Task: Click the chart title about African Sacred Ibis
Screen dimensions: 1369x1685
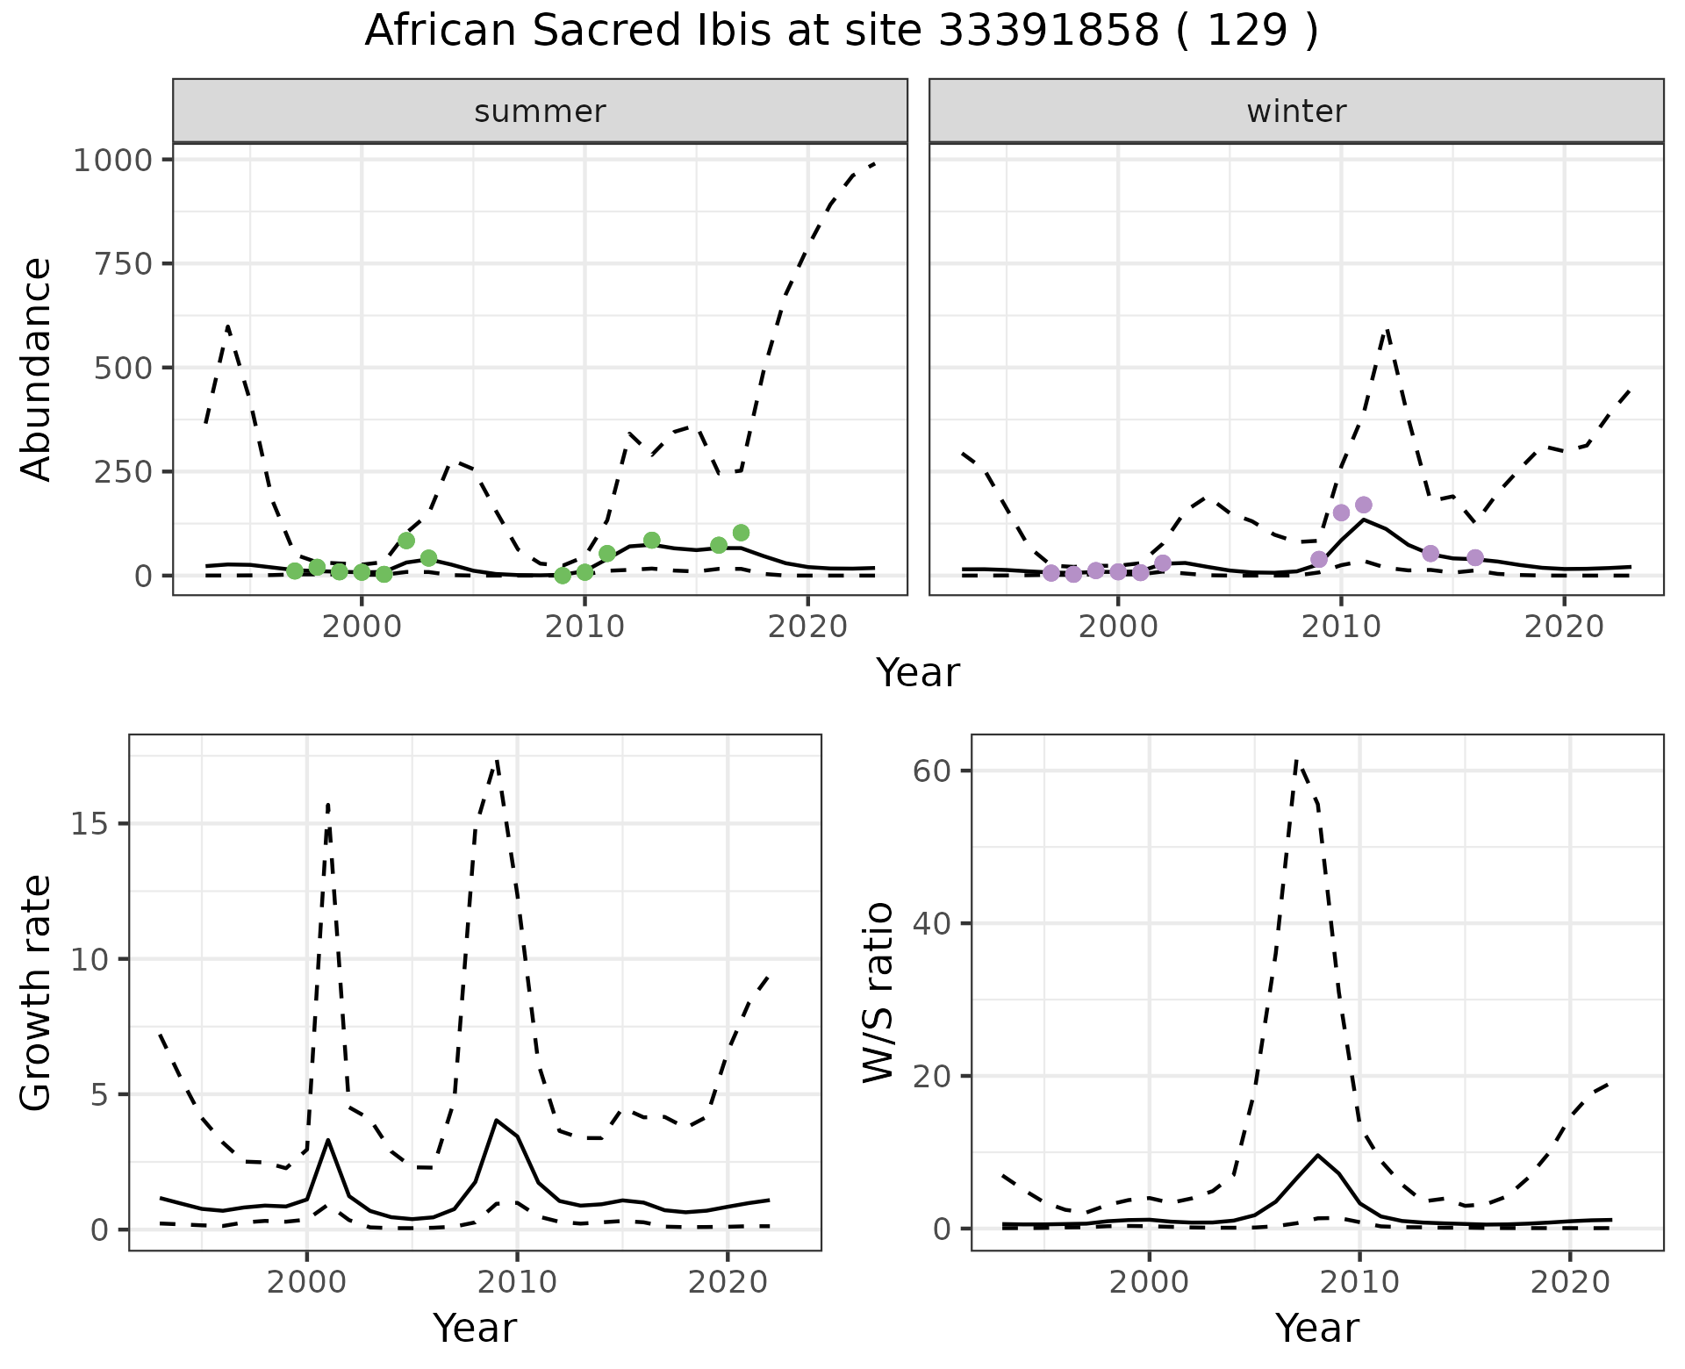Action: (x=841, y=32)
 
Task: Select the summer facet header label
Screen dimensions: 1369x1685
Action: (x=540, y=111)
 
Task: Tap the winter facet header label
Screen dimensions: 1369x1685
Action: (x=1296, y=111)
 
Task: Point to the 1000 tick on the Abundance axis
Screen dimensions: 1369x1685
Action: (x=113, y=161)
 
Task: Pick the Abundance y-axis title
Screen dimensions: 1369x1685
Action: (x=37, y=369)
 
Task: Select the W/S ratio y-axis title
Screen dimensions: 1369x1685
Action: (x=878, y=992)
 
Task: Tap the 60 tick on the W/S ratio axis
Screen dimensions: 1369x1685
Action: (x=933, y=771)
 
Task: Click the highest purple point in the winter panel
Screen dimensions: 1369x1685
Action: (x=1363, y=505)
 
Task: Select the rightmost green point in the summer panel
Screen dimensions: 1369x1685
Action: (x=741, y=533)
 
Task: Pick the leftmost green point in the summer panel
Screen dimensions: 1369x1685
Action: (x=295, y=571)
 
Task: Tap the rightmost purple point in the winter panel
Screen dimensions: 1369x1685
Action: (x=1475, y=557)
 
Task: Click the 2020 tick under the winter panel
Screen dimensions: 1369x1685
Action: (x=1563, y=627)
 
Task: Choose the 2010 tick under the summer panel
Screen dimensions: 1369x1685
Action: (x=584, y=627)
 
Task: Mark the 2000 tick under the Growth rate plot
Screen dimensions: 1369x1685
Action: (x=306, y=1282)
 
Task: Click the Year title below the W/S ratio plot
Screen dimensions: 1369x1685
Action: (x=1316, y=1328)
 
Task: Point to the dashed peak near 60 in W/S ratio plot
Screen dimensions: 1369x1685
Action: (x=1297, y=760)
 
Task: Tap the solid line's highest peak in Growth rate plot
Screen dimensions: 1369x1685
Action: (x=496, y=1120)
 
